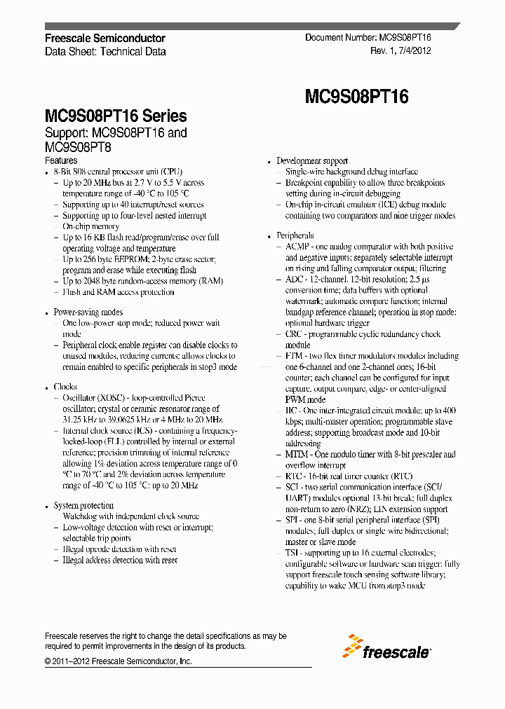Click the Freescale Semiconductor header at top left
pyautogui.click(x=105, y=39)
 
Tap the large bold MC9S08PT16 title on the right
pyautogui.click(x=356, y=97)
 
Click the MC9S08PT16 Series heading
pyautogui.click(x=116, y=116)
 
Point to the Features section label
pyautogui.click(x=61, y=160)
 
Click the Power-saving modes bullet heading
pyautogui.click(x=88, y=312)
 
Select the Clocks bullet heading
pyautogui.click(x=65, y=387)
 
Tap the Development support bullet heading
pyautogui.click(x=312, y=161)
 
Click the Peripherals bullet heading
pyautogui.click(x=295, y=236)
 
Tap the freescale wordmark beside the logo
pyautogui.click(x=396, y=652)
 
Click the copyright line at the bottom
pyautogui.click(x=118, y=661)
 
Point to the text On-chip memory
pyautogui.click(x=91, y=227)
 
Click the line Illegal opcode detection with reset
pyautogui.click(x=119, y=549)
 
